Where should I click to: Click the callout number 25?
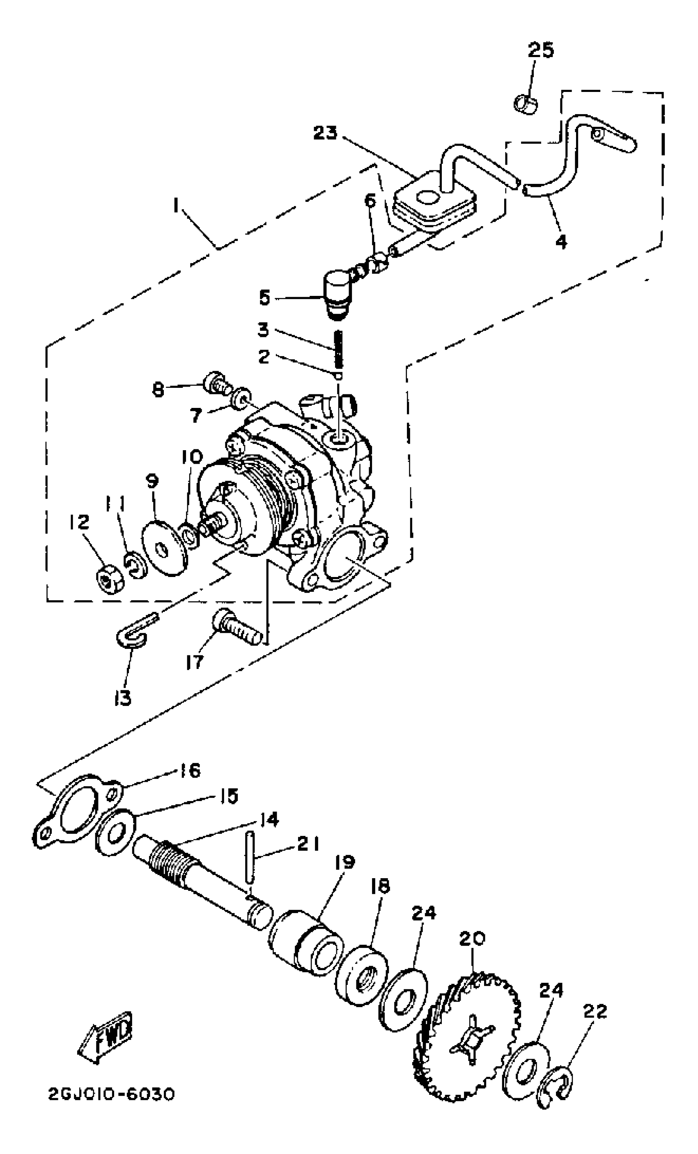click(x=541, y=50)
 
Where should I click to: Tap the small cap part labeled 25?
click(x=527, y=103)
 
